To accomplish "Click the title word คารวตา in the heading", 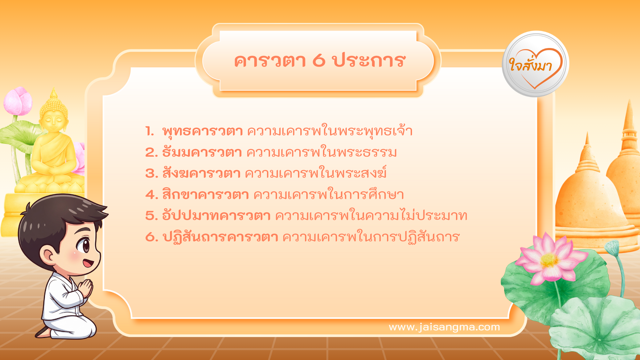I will tap(270, 61).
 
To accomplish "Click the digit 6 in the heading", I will tap(319, 61).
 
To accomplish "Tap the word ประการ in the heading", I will tap(368, 61).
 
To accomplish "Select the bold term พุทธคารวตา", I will tap(202, 131).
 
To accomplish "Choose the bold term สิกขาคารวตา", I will tap(205, 195).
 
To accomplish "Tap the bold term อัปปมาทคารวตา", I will tap(216, 216).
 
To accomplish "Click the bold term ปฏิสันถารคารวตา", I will tap(220, 237).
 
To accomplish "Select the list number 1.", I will tap(150, 131).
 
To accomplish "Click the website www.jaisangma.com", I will tap(444, 327).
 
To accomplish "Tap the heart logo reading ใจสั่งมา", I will tap(535, 64).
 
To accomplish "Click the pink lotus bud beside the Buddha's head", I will tap(18, 101).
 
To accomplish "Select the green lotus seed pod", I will tap(612, 247).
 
